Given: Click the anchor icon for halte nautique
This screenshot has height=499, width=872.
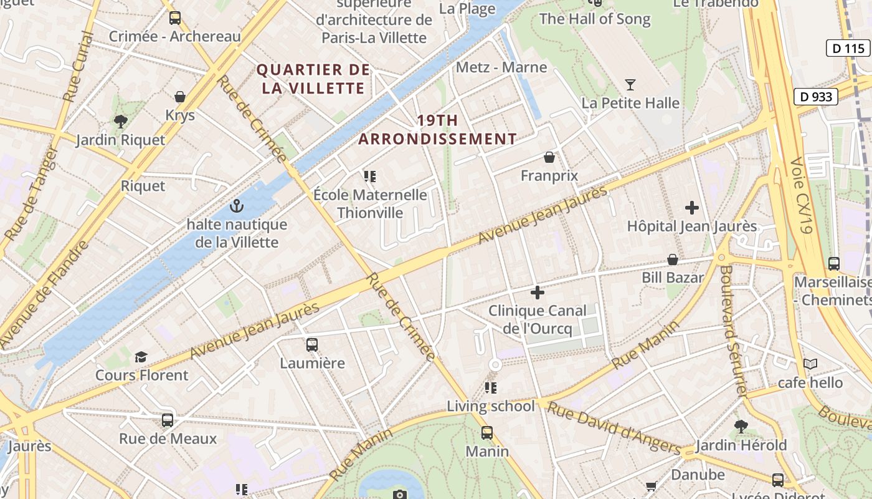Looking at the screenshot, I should (237, 205).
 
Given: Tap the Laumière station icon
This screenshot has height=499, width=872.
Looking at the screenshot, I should (312, 344).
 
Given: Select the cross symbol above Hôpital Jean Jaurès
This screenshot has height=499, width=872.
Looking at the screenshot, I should (691, 208).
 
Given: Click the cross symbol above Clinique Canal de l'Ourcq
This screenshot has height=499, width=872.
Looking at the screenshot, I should (537, 292).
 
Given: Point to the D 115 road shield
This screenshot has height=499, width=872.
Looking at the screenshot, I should (848, 48).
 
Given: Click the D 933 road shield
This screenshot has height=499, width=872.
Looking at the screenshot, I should (816, 97).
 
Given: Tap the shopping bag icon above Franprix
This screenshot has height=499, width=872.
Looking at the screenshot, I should (549, 157).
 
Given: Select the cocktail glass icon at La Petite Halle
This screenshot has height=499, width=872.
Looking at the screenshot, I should (630, 84).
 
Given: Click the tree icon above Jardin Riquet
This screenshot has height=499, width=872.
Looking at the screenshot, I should (121, 121).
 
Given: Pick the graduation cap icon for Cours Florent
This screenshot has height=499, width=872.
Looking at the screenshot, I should (141, 357).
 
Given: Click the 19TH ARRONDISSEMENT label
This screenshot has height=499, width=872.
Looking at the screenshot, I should (438, 130).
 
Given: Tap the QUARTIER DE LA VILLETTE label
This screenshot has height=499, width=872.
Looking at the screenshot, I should (313, 79).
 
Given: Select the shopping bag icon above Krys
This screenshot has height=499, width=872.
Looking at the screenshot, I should (180, 97).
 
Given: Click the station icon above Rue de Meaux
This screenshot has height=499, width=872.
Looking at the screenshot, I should (168, 420).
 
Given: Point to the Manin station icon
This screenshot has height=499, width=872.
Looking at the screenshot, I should (487, 432).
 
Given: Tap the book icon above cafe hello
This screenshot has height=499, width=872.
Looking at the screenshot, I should (810, 364).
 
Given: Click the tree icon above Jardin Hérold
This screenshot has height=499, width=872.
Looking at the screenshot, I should (741, 427).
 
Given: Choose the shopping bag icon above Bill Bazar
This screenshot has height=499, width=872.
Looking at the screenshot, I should (673, 259).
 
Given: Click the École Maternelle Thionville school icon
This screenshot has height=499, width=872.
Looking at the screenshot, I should (370, 177).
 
